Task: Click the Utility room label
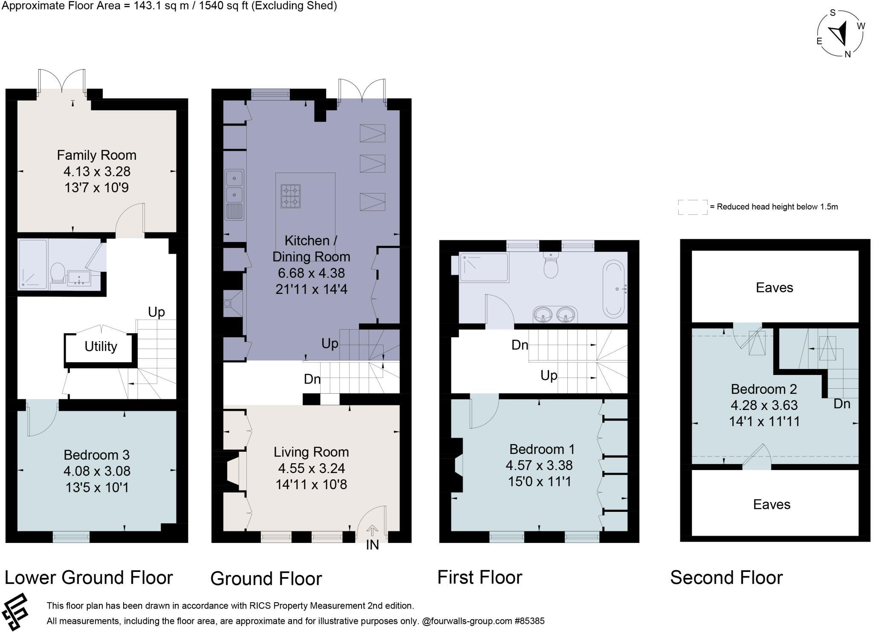(x=101, y=346)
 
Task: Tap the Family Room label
(x=97, y=155)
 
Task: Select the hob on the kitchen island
(x=290, y=196)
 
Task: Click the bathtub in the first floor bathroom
(x=614, y=290)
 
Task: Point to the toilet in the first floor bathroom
(x=551, y=265)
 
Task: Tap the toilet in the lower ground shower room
(x=57, y=273)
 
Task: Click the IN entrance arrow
(x=372, y=531)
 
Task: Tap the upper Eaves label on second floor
(x=775, y=288)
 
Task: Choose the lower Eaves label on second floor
(x=772, y=505)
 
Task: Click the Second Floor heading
(x=726, y=578)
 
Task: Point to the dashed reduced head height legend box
(x=693, y=207)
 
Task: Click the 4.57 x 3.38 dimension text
(x=539, y=465)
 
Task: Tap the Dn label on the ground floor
(x=312, y=379)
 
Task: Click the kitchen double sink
(x=234, y=194)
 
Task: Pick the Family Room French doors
(x=62, y=81)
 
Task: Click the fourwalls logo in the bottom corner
(x=15, y=612)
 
